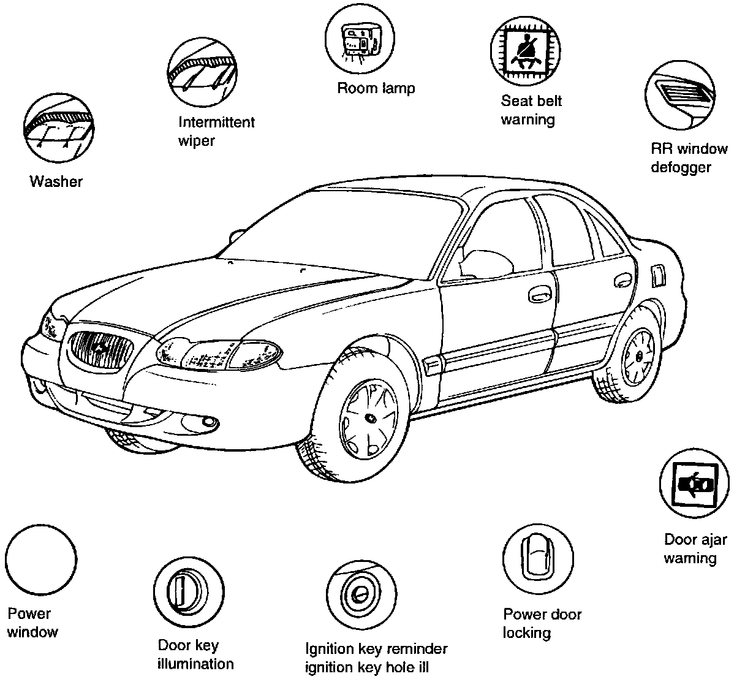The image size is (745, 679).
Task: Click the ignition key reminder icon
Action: click(360, 593)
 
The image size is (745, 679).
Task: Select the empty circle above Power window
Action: click(41, 561)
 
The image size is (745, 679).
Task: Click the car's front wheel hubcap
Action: click(369, 418)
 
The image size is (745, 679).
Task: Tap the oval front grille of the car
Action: click(102, 350)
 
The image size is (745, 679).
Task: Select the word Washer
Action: click(56, 181)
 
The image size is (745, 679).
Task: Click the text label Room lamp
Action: click(376, 88)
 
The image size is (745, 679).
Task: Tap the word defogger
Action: click(681, 167)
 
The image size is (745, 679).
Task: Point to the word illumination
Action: click(195, 664)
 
